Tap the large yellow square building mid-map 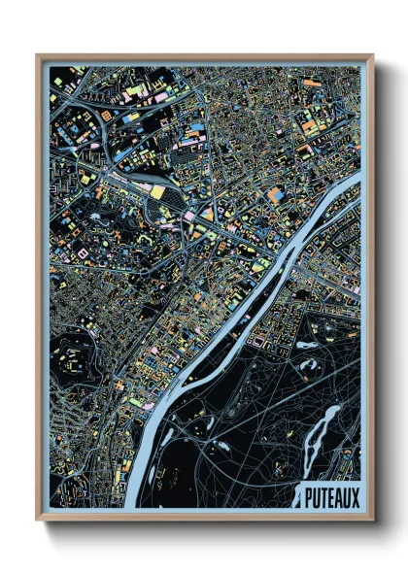[157, 192]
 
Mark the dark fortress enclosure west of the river [79, 355]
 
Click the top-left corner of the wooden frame [38, 56]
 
